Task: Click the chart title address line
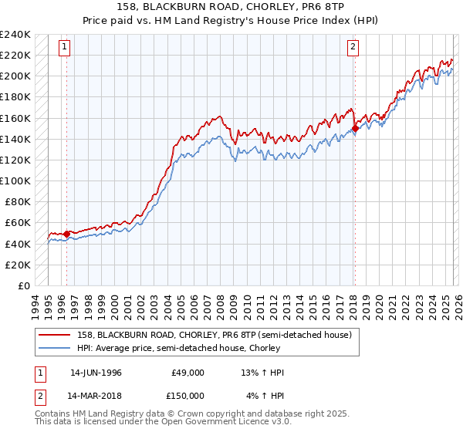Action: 231,8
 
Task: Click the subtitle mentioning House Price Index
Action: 231,20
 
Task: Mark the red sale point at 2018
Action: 355,129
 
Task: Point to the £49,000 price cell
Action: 188,373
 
